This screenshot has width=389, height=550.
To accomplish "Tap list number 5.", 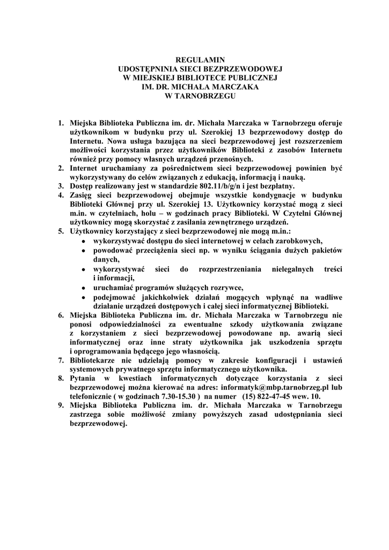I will click(62, 230).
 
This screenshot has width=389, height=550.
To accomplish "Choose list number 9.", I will click(62, 406).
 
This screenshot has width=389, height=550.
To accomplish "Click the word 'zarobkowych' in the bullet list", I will click(299, 241).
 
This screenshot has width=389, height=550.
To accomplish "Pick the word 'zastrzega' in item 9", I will click(87, 414).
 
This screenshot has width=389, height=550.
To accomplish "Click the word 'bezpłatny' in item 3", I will click(277, 186).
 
